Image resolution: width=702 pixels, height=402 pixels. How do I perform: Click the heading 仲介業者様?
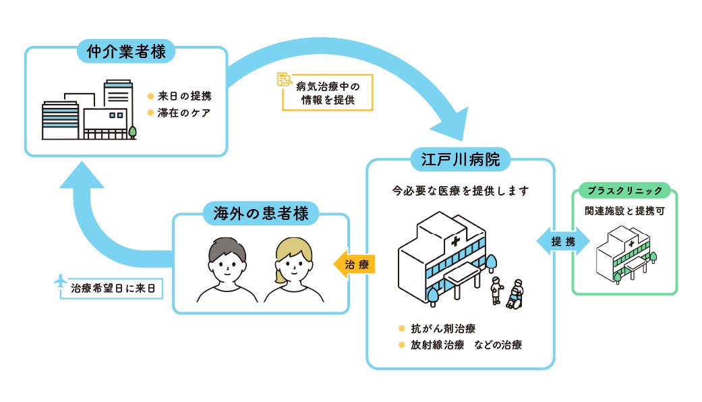[126, 51]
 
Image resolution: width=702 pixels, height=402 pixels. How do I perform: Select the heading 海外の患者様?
[260, 214]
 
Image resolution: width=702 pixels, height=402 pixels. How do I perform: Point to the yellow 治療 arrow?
[355, 264]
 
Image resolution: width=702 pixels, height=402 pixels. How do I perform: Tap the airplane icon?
[61, 282]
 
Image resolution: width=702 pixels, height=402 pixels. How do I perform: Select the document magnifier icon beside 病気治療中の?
[284, 80]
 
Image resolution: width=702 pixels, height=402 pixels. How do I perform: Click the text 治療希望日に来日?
[113, 288]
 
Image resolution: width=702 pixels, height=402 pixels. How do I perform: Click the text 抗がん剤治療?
[443, 329]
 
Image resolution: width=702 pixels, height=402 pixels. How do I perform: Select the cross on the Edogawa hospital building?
[456, 241]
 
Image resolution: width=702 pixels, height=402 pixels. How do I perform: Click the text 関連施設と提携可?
[624, 210]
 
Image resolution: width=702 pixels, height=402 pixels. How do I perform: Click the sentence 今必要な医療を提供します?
[461, 191]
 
